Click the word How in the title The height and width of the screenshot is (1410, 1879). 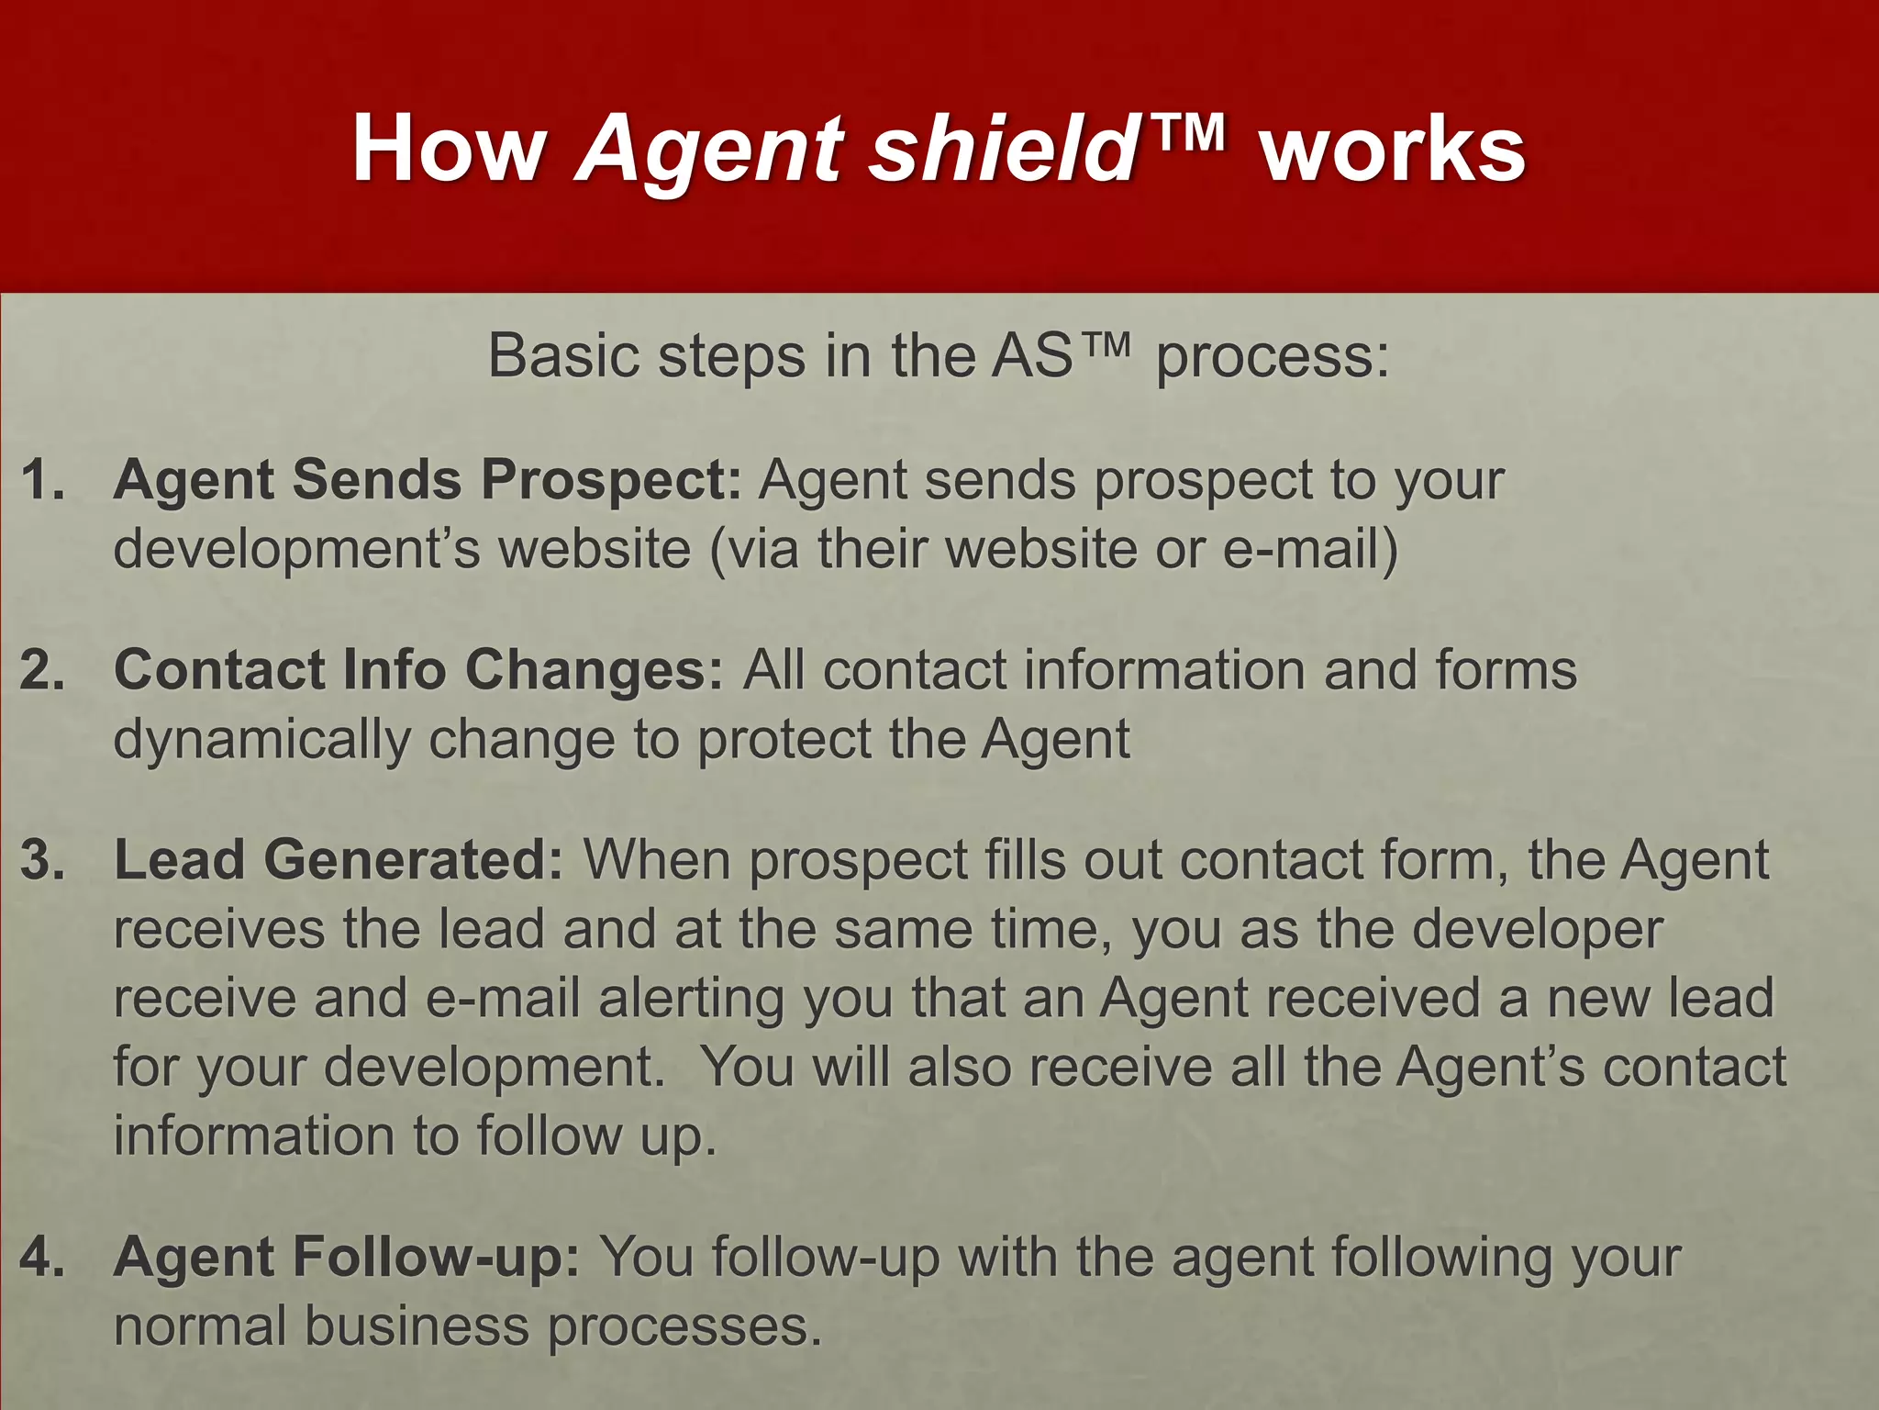[450, 150]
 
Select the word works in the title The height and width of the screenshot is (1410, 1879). [1393, 150]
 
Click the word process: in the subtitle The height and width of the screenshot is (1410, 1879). [1273, 355]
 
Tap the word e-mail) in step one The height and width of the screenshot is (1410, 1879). [1311, 549]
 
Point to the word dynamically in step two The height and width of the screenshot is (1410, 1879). [262, 740]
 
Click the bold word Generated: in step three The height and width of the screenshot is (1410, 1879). [413, 860]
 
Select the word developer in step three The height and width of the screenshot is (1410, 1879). [1537, 929]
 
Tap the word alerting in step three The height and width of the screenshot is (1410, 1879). [692, 999]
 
